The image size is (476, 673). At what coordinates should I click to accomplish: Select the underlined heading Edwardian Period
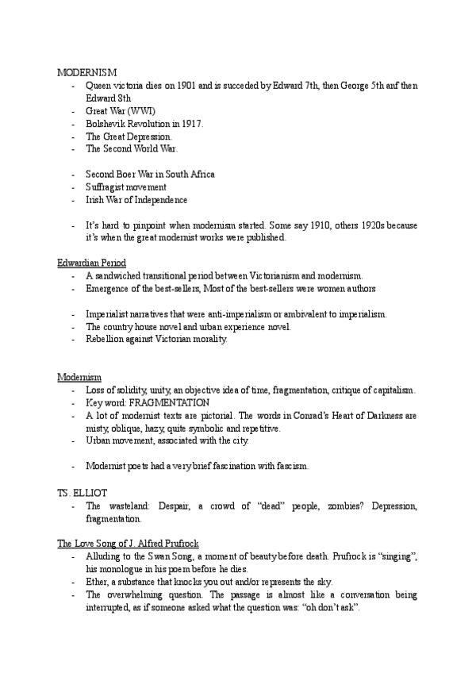(x=91, y=263)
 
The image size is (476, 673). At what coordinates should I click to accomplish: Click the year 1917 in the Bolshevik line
(x=191, y=124)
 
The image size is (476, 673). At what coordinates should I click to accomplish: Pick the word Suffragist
(x=107, y=187)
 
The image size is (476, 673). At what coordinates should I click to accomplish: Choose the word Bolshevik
(x=109, y=124)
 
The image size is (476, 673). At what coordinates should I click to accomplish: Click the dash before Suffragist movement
(x=73, y=187)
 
